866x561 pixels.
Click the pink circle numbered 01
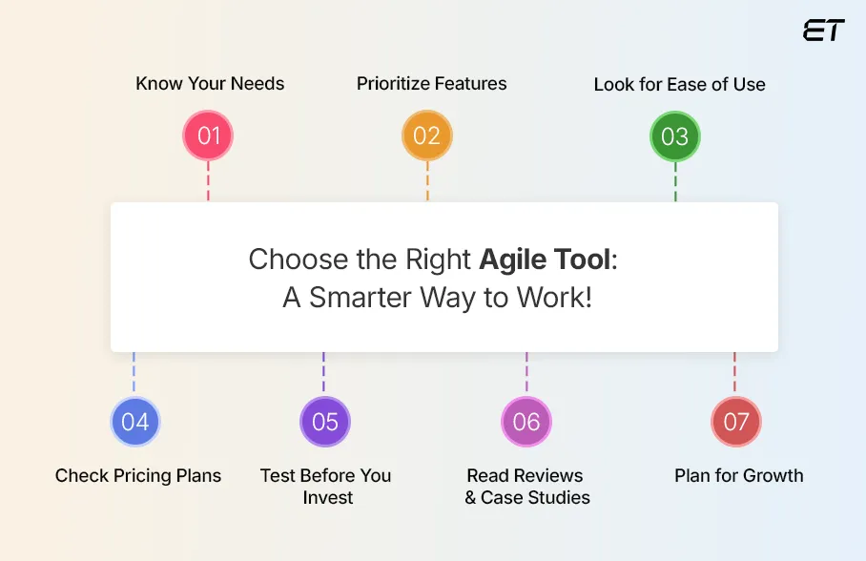pos(208,135)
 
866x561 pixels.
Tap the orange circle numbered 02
pos(426,135)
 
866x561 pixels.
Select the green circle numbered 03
pos(675,136)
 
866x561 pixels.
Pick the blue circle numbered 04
pos(134,422)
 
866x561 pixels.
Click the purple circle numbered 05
pos(325,422)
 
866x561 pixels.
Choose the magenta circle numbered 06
pos(526,422)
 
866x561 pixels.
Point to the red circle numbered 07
pos(735,422)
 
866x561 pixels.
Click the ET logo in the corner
pos(823,31)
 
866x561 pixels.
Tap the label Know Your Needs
pos(210,83)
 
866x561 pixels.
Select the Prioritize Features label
pos(432,83)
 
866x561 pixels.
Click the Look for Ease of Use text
pos(679,84)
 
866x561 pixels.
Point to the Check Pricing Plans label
pos(138,475)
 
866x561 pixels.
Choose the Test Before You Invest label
pos(326,486)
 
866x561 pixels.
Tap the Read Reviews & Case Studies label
pos(526,486)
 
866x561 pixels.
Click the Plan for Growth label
pos(739,475)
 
